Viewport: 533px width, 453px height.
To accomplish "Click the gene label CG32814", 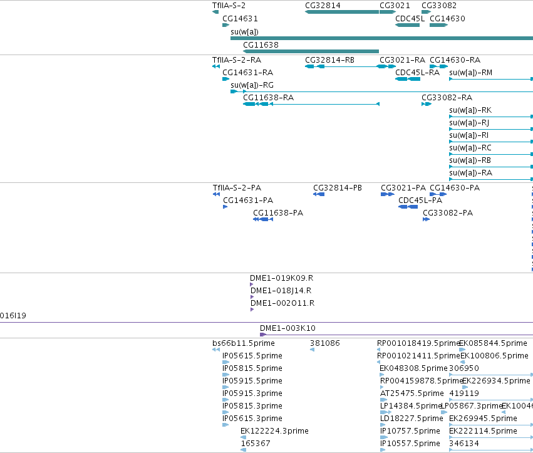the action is click(323, 6).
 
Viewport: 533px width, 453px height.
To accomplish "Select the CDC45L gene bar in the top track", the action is click(407, 25).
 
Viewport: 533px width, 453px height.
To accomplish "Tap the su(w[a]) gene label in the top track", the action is click(244, 32).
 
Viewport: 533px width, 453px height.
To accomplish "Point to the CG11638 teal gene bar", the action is click(311, 51).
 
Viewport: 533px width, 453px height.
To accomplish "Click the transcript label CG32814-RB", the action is click(329, 60).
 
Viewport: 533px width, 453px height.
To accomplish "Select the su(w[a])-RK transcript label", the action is click(470, 110).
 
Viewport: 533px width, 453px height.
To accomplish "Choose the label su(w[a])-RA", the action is click(470, 173).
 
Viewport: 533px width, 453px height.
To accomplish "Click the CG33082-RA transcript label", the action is click(447, 98).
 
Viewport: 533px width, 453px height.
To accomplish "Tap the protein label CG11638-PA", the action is click(278, 213).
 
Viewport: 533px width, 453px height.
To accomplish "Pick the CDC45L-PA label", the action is click(420, 200).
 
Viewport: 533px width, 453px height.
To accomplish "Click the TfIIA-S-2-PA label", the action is click(237, 188).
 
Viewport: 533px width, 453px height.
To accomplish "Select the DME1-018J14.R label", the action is click(281, 291).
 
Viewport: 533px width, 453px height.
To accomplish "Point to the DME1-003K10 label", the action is click(287, 328).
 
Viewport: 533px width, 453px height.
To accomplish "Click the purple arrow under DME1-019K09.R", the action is click(252, 284).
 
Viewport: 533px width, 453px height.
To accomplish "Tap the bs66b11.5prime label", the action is click(244, 343).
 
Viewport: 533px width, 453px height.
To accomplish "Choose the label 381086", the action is click(324, 343).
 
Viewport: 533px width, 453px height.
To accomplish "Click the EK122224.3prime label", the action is click(274, 431).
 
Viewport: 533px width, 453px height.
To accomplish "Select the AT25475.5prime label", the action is click(411, 393).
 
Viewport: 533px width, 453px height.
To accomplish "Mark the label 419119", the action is click(464, 393).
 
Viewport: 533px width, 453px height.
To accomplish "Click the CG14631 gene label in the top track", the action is click(240, 19).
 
